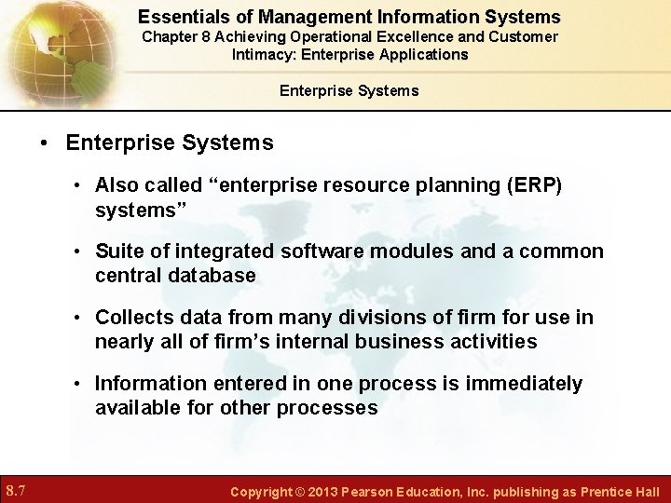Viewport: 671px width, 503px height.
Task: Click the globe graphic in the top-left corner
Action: coord(47,47)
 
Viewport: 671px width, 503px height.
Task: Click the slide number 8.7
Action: coord(17,490)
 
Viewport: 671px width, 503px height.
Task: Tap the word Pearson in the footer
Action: coord(380,491)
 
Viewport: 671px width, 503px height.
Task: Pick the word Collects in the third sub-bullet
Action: coord(131,318)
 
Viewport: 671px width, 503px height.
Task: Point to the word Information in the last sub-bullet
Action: coord(148,384)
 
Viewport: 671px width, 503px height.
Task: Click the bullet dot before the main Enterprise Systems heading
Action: coord(44,143)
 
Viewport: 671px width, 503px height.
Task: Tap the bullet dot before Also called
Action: coord(81,185)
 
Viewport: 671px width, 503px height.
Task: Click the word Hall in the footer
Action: coord(645,491)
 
